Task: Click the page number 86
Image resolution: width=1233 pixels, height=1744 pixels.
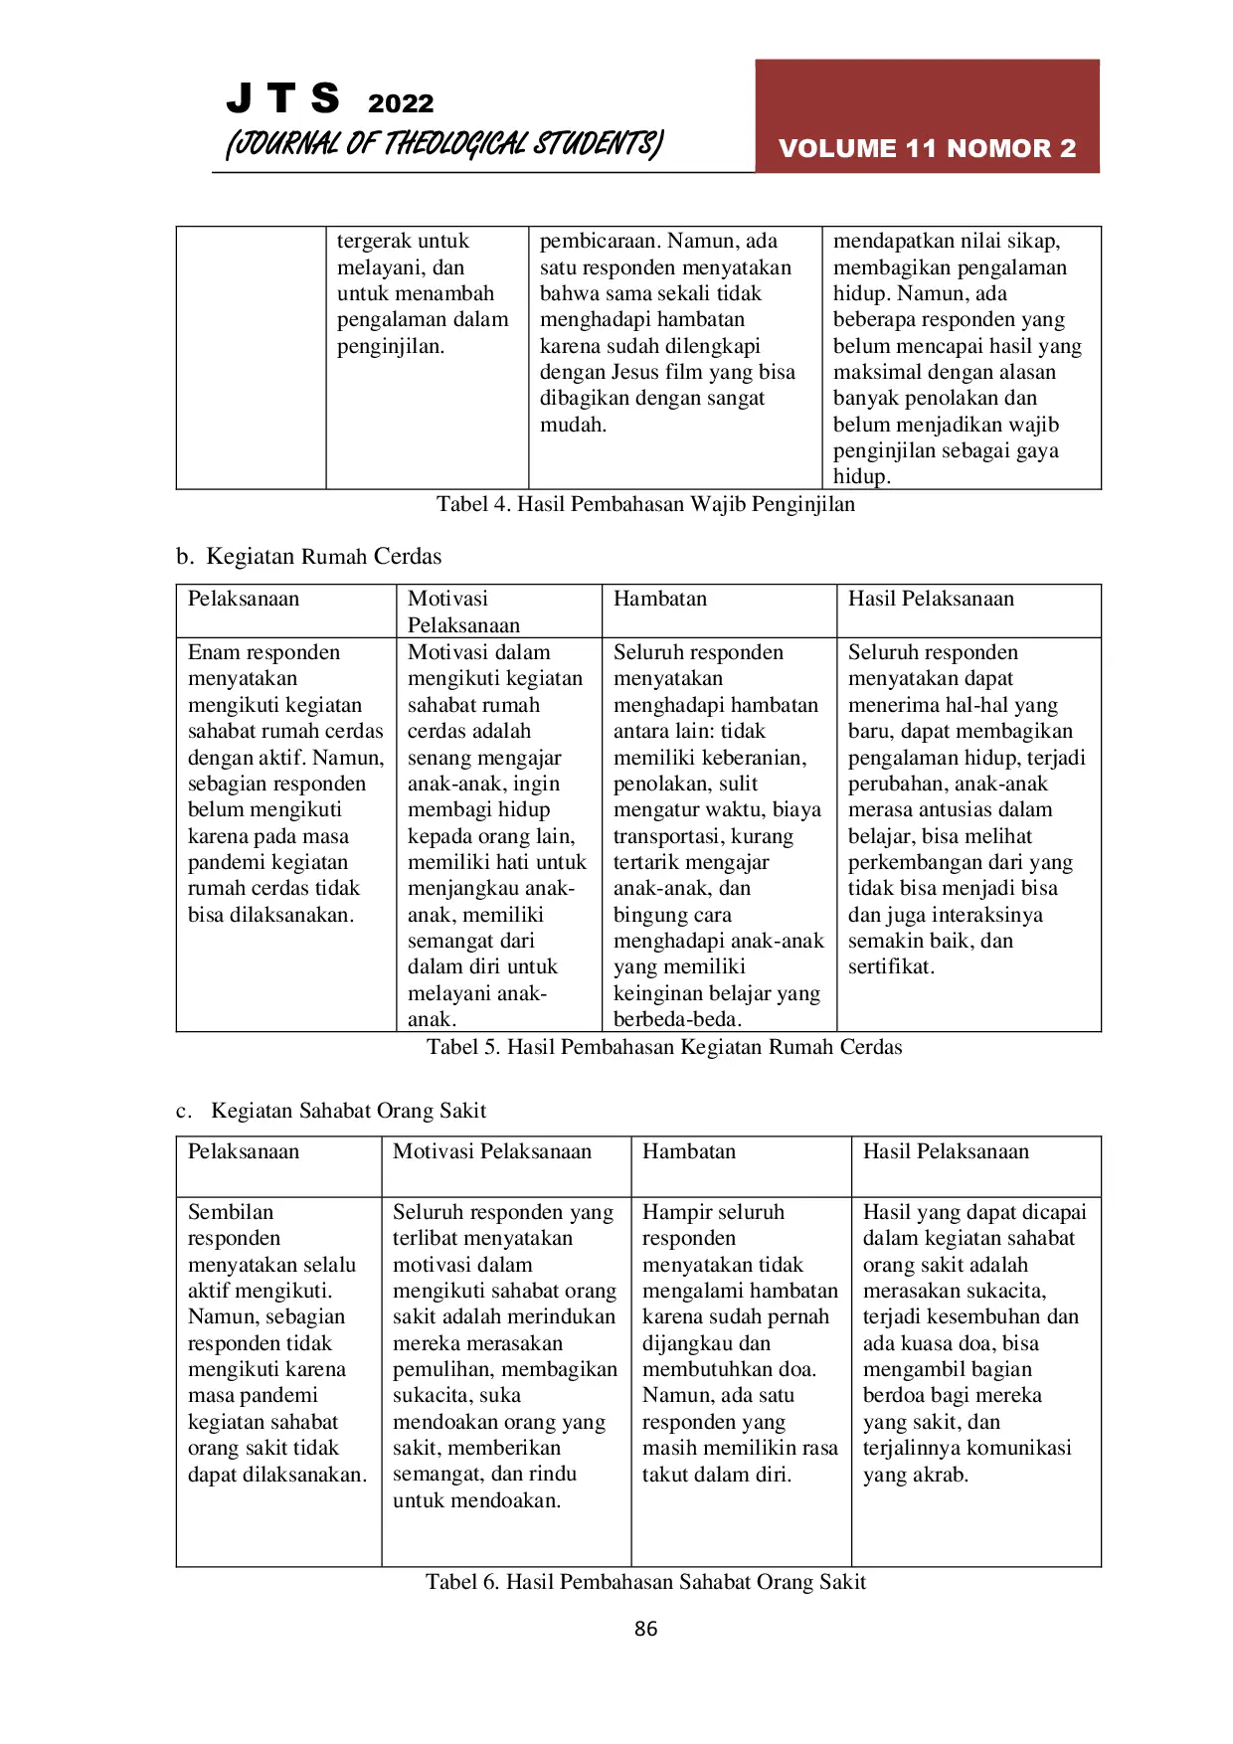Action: (645, 1629)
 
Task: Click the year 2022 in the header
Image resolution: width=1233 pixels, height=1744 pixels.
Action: (401, 103)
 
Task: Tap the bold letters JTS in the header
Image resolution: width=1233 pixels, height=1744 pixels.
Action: (282, 98)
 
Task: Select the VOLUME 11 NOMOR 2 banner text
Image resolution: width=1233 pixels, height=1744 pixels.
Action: (927, 148)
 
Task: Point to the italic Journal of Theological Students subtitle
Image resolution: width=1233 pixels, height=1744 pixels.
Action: (443, 144)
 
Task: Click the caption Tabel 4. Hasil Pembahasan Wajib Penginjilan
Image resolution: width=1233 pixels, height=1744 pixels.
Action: (645, 504)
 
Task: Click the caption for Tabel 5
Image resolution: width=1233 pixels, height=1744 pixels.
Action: (664, 1047)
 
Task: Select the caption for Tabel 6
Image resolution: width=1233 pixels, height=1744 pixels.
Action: (645, 1582)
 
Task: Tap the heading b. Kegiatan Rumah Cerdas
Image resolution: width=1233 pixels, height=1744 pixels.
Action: (309, 557)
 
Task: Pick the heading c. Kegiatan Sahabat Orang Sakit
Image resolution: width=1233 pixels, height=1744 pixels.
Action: (331, 1111)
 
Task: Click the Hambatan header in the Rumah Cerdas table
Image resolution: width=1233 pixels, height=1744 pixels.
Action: (660, 599)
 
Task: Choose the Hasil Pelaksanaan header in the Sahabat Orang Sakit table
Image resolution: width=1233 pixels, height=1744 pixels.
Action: (946, 1151)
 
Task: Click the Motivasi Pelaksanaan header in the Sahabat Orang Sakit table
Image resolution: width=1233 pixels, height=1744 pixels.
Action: (492, 1151)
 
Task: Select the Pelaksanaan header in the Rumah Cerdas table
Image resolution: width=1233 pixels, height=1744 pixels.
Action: (244, 599)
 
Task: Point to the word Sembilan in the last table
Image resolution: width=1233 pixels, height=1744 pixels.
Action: (231, 1212)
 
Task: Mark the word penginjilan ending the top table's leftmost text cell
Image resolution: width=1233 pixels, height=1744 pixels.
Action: (389, 346)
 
